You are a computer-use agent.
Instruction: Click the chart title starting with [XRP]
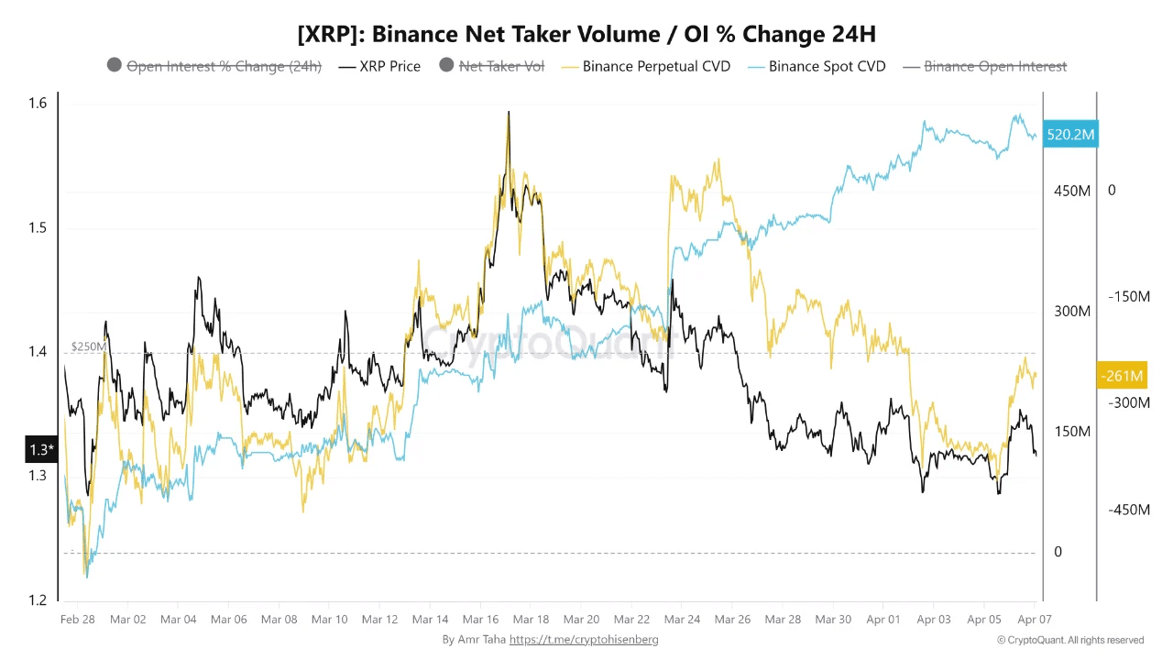[586, 35]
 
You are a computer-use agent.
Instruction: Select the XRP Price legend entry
[379, 66]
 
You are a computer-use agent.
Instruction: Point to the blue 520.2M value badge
[1070, 135]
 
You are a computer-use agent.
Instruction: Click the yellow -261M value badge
[1121, 375]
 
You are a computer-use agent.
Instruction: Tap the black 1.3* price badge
[41, 449]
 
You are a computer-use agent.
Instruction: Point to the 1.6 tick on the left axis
[37, 104]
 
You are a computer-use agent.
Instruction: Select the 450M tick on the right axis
[1070, 191]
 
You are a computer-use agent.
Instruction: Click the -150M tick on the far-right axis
[1128, 297]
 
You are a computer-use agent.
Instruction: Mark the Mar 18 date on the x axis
[531, 620]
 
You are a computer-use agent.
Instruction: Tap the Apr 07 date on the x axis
[1034, 620]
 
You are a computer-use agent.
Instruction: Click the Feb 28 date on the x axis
[77, 620]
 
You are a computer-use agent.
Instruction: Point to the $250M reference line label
[88, 346]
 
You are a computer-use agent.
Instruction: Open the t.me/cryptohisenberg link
[584, 640]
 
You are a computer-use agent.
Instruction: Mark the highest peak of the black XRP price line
[508, 113]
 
